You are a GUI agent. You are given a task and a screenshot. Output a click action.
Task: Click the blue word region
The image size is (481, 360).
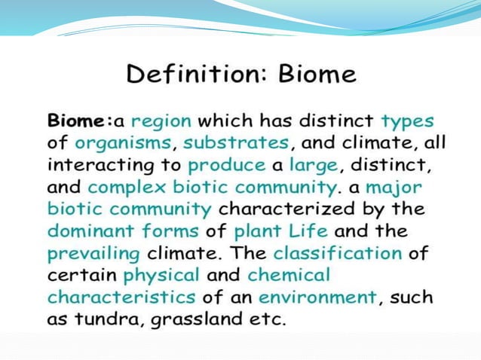(161, 121)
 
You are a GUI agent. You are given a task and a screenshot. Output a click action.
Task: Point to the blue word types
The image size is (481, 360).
(407, 121)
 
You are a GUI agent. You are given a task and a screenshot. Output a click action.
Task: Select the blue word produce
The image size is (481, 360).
(226, 163)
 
